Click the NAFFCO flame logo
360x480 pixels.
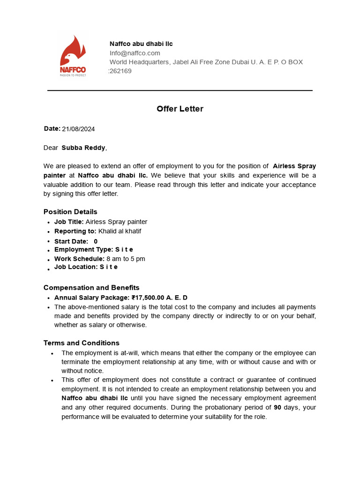(73, 55)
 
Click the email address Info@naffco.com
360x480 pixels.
(135, 53)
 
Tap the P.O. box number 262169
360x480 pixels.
(120, 71)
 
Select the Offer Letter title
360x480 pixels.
(180, 109)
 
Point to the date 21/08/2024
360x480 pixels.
(78, 129)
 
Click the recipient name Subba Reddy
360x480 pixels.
(83, 148)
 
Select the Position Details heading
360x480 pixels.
(70, 212)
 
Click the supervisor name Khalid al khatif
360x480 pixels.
(120, 231)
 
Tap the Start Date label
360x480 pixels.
(71, 241)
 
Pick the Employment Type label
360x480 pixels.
(83, 249)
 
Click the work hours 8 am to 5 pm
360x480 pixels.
(126, 259)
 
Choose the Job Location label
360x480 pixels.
(76, 267)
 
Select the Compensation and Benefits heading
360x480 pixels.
(91, 287)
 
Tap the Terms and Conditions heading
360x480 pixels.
(82, 343)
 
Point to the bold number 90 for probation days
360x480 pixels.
(277, 407)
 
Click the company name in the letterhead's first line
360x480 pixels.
(141, 44)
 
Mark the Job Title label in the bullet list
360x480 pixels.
(69, 222)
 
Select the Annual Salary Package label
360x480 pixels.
(92, 298)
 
